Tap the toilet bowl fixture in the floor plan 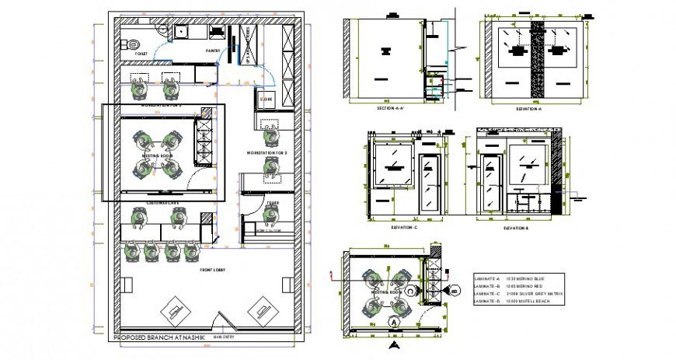132,44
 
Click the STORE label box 266,100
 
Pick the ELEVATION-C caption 406,228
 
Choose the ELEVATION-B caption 516,229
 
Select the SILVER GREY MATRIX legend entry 540,292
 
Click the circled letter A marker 394,320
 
